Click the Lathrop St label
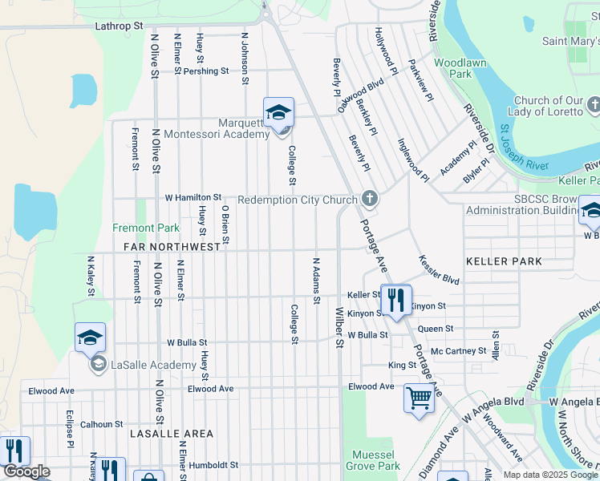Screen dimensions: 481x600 (x=119, y=26)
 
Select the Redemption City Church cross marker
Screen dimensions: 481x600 (x=369, y=198)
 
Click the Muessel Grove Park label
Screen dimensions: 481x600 (x=373, y=460)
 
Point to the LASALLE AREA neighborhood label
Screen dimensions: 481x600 (x=172, y=434)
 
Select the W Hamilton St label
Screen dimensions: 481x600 (x=193, y=197)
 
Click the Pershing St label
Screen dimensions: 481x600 (x=205, y=71)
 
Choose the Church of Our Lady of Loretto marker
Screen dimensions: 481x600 (x=594, y=105)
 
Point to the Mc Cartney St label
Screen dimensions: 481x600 (x=458, y=351)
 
